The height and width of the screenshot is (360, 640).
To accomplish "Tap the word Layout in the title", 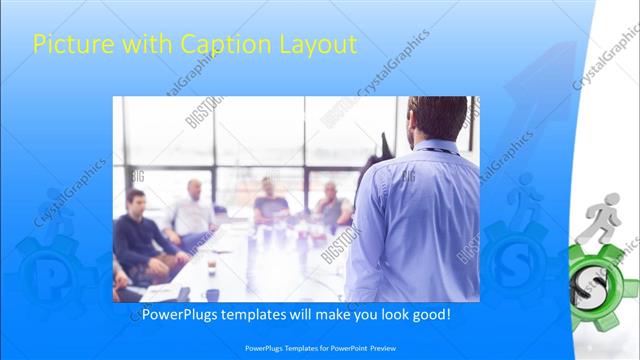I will coord(320,45).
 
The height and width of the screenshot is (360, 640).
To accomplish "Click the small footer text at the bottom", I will coord(319,348).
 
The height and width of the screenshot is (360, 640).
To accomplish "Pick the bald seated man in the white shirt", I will coord(192,210).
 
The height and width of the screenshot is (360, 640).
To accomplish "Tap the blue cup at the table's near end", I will coord(212,294).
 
